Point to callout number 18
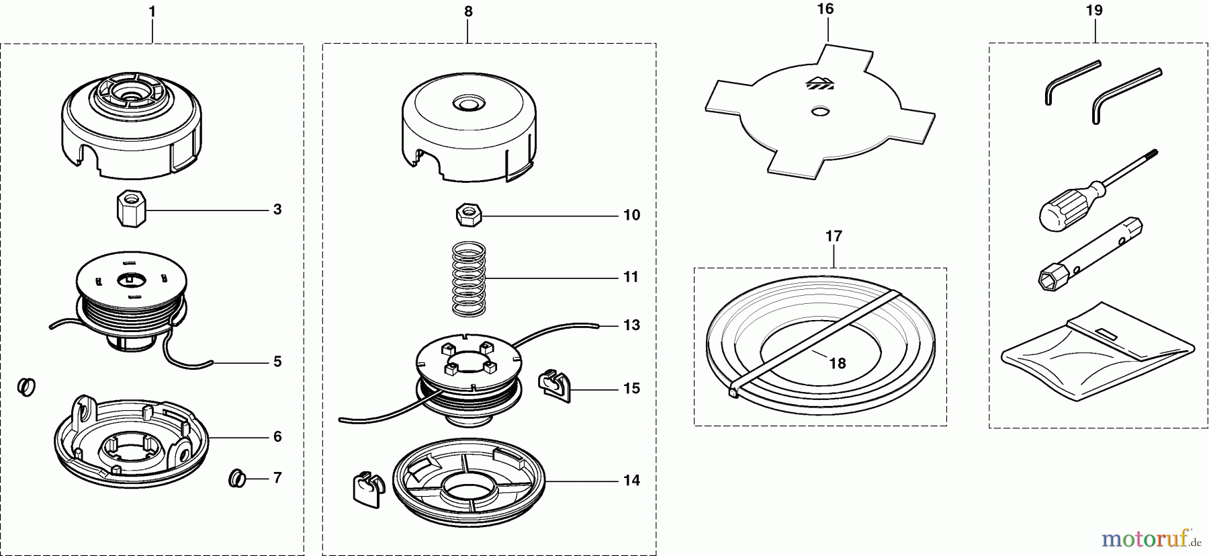coord(838,363)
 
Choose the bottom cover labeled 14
coord(468,480)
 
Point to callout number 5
coord(277,362)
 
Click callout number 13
coord(631,325)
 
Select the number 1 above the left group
coord(152,11)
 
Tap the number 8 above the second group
coord(468,11)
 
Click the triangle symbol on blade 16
coord(819,83)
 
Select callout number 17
coord(834,237)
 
